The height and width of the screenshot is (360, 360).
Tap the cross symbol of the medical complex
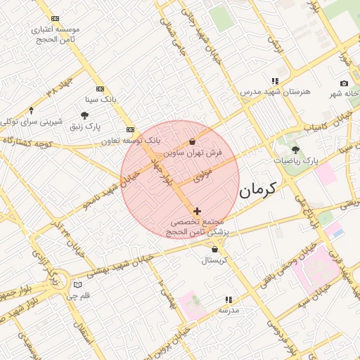point(197,211)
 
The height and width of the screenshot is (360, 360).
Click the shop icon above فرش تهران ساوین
point(193,142)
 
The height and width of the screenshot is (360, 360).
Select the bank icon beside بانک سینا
point(101,89)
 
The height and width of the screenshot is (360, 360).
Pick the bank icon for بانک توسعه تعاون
point(131,130)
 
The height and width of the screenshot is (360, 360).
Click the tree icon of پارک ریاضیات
point(295,150)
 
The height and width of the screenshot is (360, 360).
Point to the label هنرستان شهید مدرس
point(270,92)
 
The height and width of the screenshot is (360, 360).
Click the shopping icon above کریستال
point(214,250)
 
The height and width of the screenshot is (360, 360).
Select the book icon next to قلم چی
point(77,285)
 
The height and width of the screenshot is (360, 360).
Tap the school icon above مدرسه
point(228,299)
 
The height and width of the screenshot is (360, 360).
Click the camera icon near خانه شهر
point(344,83)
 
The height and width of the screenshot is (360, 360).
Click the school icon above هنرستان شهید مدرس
point(275,82)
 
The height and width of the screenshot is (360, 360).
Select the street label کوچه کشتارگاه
point(28,142)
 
